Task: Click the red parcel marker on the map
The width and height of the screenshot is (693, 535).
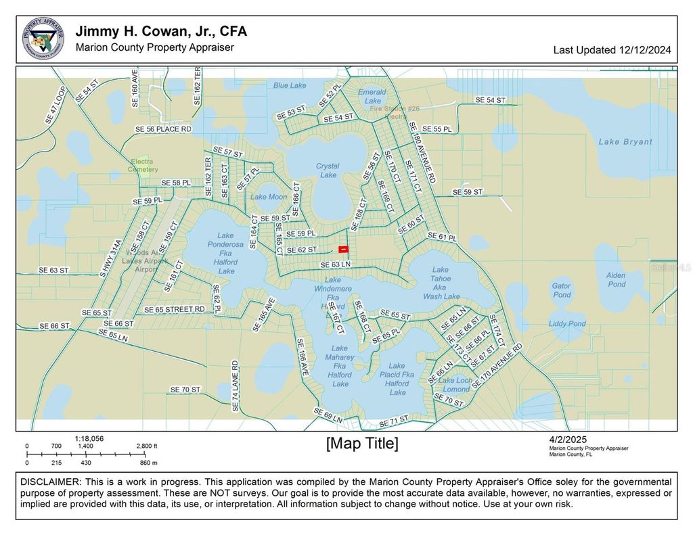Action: click(x=343, y=250)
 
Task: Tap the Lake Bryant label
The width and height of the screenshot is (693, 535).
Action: click(x=625, y=142)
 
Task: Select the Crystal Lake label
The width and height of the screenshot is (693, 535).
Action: click(x=328, y=170)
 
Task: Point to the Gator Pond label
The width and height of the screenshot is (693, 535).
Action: click(x=562, y=290)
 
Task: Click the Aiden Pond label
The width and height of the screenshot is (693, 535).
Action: click(x=616, y=280)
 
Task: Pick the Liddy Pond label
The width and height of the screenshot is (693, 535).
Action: click(x=567, y=324)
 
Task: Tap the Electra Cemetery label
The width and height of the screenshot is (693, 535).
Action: click(x=142, y=166)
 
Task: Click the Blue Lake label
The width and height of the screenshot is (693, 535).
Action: click(x=290, y=85)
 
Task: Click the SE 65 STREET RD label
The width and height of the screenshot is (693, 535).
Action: click(x=174, y=309)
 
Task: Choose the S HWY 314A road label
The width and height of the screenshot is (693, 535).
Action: click(x=112, y=258)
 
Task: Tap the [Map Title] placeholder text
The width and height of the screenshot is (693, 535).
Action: click(x=362, y=444)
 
